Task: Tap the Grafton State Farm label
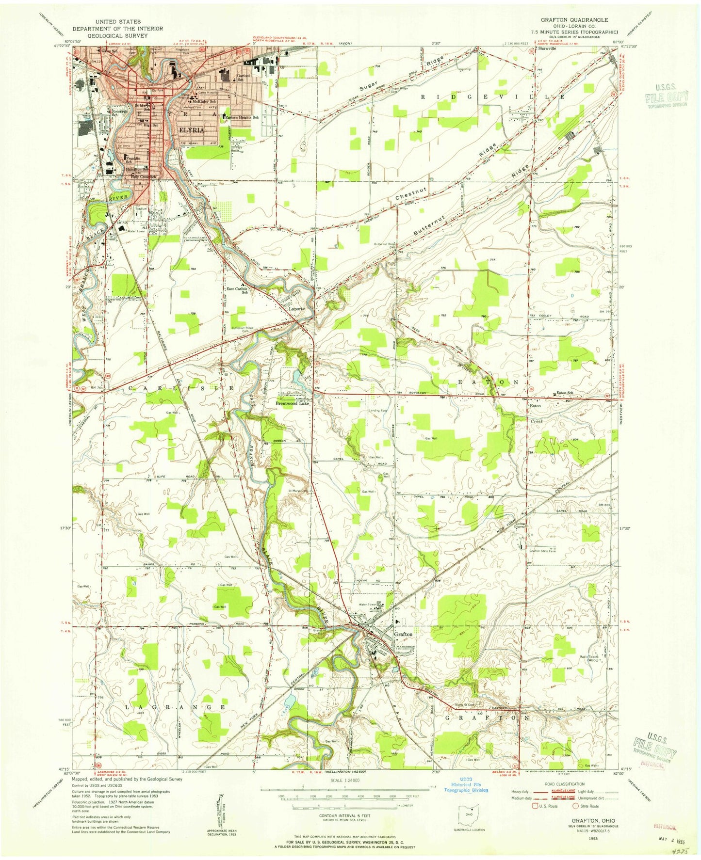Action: coord(542,551)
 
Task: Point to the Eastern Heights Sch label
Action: coord(242,117)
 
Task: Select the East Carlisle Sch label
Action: coord(237,290)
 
